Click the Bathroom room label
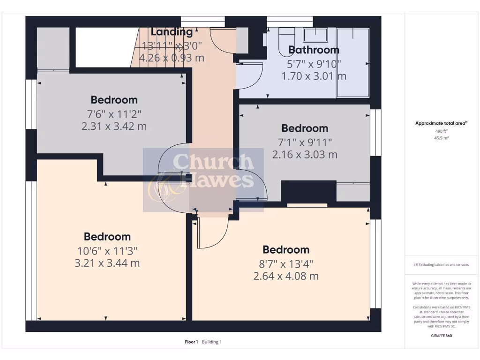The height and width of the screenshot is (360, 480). click(314, 50)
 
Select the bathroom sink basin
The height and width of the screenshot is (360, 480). click(315, 35)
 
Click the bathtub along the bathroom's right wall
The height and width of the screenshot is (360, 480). click(352, 62)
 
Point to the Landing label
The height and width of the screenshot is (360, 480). click(172, 32)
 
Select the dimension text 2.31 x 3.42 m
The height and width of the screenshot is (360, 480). click(114, 126)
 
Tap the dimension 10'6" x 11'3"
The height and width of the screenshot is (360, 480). click(107, 250)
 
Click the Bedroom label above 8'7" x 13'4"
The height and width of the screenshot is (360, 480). click(285, 249)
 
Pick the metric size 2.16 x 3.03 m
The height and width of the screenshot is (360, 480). click(305, 154)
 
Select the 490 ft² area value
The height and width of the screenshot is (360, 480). click(441, 131)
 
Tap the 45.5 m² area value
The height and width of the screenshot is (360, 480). click(441, 138)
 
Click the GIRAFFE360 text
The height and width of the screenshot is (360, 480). click(441, 336)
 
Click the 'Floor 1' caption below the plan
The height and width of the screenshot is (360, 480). click(192, 342)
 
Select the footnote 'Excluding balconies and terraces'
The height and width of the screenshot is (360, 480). click(441, 265)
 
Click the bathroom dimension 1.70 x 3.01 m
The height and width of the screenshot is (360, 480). click(314, 76)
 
